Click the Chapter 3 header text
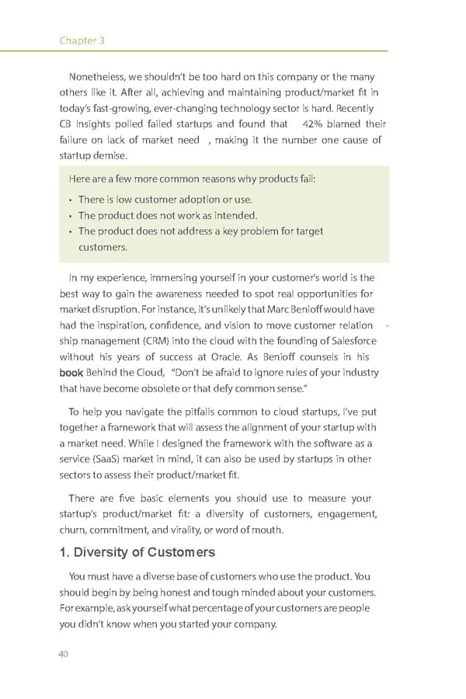[82, 40]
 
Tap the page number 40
[64, 653]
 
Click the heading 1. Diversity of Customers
[137, 552]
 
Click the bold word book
[71, 373]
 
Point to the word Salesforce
[349, 341]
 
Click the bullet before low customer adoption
[70, 200]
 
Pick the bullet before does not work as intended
[70, 216]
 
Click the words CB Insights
[91, 124]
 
